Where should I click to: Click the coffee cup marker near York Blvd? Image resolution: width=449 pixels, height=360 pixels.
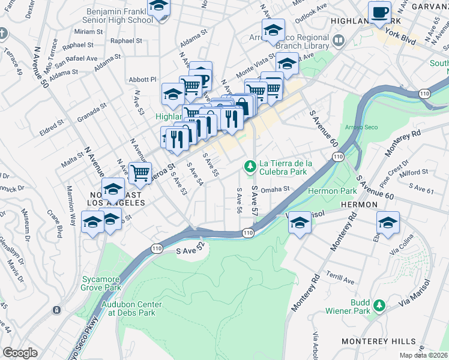coord(379,13)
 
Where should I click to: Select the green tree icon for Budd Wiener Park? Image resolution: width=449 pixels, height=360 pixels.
coord(379,306)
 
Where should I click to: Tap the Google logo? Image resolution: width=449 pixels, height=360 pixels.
coord(20,352)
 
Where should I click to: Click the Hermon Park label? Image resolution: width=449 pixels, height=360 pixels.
coord(324,191)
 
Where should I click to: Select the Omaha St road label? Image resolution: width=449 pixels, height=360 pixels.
coord(276,188)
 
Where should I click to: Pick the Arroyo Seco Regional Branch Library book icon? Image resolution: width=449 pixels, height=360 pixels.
coord(339,41)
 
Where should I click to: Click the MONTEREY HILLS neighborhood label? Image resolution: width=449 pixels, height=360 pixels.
coord(375,341)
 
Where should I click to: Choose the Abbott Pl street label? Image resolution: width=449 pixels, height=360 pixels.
coord(142,79)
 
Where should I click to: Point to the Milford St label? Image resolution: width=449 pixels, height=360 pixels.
coord(414,173)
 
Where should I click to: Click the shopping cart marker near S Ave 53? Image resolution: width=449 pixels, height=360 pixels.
coord(140,173)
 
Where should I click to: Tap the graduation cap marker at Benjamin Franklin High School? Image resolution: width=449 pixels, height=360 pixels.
coord(158,7)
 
